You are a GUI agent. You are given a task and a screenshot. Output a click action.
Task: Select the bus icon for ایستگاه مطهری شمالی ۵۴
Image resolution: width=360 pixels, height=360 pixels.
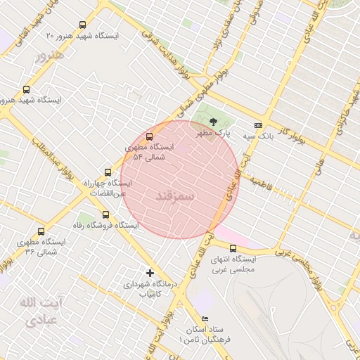[x=149, y=136]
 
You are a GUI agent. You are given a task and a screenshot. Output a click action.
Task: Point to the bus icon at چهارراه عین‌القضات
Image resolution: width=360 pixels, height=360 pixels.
[x=108, y=172]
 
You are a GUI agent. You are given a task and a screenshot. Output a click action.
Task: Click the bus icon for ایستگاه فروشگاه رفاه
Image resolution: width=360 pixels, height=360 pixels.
[x=105, y=214]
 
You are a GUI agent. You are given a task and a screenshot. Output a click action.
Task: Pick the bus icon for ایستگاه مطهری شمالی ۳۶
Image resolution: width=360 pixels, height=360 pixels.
[x=41, y=231]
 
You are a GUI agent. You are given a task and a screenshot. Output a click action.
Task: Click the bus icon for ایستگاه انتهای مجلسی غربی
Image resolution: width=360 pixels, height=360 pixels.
[x=233, y=247]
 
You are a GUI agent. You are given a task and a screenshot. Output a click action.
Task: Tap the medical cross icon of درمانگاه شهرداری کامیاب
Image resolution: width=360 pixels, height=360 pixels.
[x=149, y=272]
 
